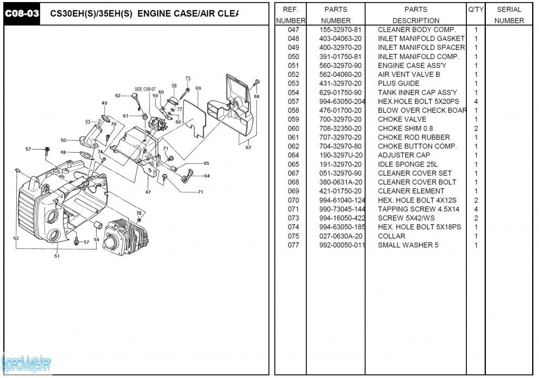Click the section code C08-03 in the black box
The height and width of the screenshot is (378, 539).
tap(22, 14)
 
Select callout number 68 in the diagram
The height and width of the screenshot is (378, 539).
tap(256, 96)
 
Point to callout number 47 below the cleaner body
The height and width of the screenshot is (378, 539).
tap(148, 192)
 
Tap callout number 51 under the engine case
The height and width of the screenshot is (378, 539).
tap(56, 256)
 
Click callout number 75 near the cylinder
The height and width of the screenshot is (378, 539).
tap(139, 213)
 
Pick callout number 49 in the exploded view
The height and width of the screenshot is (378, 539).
tap(104, 103)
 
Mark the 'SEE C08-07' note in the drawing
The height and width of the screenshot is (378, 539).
tap(145, 89)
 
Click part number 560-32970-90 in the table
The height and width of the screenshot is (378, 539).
tap(341, 65)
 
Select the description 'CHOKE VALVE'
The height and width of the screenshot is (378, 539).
tap(402, 120)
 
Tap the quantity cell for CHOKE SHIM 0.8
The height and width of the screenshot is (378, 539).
tap(476, 128)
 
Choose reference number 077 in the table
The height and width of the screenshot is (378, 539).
tap(293, 245)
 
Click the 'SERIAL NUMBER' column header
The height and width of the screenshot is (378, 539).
tap(509, 15)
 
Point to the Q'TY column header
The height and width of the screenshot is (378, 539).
tap(475, 9)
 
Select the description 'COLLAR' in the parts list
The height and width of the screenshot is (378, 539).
tap(391, 236)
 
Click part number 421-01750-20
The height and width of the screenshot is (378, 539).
tap(341, 191)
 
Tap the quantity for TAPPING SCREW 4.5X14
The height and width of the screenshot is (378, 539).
tap(476, 209)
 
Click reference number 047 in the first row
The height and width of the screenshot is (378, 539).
tap(293, 29)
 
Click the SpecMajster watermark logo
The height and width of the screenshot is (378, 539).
tap(26, 362)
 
